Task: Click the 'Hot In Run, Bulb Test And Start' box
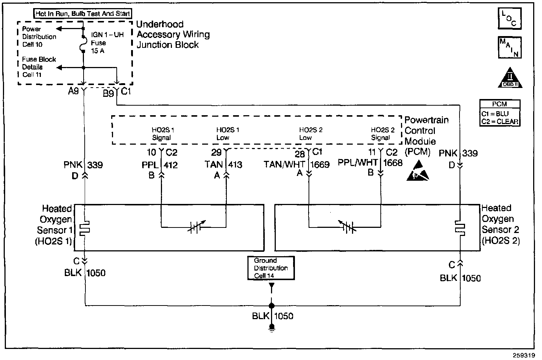coord(83,14)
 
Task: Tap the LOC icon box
coord(510,18)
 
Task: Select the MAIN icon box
coord(510,47)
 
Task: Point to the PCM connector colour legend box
coord(500,113)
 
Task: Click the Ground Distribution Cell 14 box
coord(271,268)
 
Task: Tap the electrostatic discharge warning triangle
coord(418,171)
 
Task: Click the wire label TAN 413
coord(224,164)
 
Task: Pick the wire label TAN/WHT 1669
coord(296,164)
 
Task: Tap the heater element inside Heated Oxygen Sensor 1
coord(85,228)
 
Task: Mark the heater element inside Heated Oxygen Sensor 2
coord(460,228)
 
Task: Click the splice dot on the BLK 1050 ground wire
coord(272,306)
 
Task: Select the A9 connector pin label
coord(73,91)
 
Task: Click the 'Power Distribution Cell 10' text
coord(39,36)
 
